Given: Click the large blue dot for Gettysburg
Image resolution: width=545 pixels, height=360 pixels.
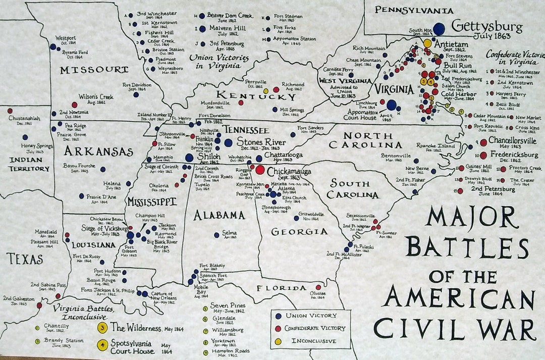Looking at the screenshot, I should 439,29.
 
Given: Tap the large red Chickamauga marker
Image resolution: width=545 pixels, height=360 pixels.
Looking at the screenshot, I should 260,170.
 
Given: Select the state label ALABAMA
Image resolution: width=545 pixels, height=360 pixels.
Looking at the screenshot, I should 219,216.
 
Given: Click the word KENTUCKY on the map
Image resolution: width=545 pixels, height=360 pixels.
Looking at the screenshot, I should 256,95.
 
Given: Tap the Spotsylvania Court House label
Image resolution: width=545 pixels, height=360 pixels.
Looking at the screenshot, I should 133,347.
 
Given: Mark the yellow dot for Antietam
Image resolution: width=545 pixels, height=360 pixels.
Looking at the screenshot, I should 427,43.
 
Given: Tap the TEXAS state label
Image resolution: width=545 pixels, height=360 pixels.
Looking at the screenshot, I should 24,260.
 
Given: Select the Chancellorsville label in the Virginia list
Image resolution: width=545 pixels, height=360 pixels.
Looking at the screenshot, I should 512,141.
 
